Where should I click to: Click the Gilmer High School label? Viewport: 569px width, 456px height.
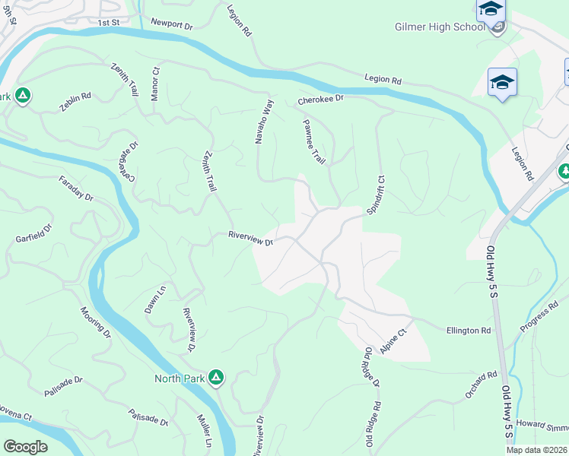click(439, 27)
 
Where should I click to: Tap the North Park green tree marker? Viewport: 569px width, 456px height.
click(217, 376)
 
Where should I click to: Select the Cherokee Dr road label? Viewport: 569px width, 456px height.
click(321, 99)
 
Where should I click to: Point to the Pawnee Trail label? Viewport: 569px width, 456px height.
click(313, 141)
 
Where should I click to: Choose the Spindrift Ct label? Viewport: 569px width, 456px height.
click(375, 195)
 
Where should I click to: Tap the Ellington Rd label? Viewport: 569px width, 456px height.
click(469, 331)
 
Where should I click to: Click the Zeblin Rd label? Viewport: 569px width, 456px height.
click(75, 102)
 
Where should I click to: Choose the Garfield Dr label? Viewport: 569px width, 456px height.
click(33, 233)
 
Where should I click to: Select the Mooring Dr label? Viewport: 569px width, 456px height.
click(95, 322)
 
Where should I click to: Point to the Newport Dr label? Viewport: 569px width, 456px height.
click(172, 24)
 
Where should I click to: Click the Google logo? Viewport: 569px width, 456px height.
click(25, 446)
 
